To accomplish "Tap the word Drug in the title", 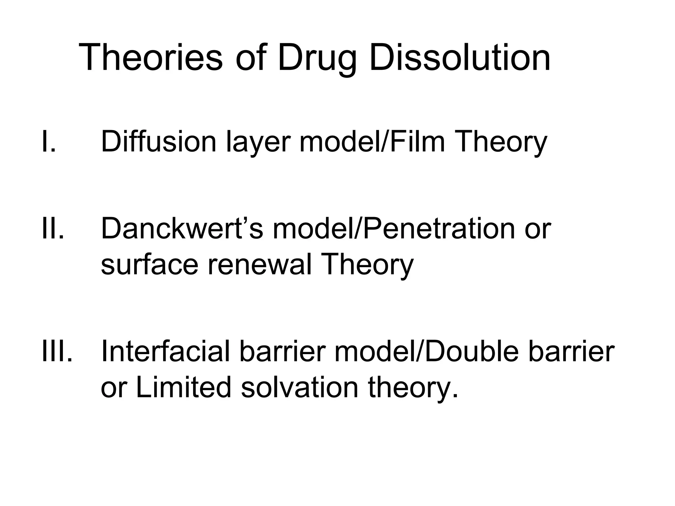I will pyautogui.click(x=317, y=58).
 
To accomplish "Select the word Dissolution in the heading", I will pyautogui.click(x=459, y=58).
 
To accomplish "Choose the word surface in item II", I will pyautogui.click(x=149, y=265).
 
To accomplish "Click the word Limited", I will pyautogui.click(x=183, y=387).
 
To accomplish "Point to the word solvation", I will pyautogui.click(x=300, y=387).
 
